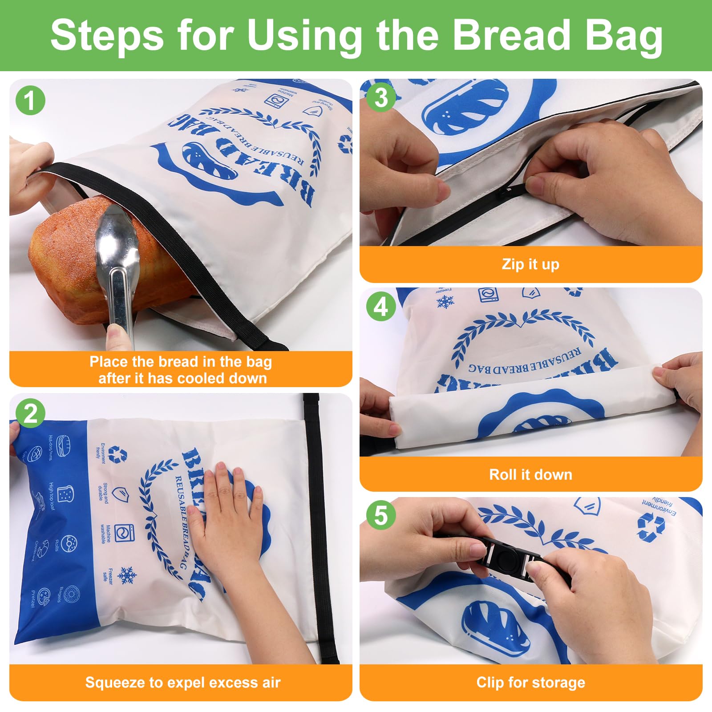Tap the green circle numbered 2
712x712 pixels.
tap(30, 414)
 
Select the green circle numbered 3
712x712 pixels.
tap(381, 97)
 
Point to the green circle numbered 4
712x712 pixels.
tap(381, 307)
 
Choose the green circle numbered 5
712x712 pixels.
tap(381, 515)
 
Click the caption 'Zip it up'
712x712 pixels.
tap(530, 264)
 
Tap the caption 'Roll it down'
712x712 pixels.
tap(530, 474)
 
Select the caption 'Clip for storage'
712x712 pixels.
tap(530, 682)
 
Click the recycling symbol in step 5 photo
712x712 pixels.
tap(651, 527)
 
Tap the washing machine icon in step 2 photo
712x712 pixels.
tap(121, 533)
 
